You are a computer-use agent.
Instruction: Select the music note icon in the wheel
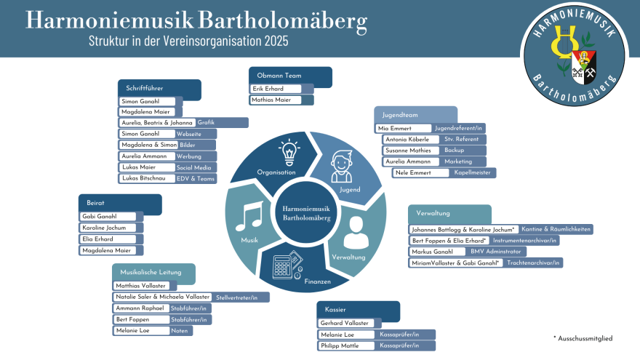249,216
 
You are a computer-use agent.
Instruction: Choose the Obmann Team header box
290,76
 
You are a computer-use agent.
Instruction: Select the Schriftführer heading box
159,88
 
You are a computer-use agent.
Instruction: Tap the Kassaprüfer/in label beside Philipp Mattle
399,345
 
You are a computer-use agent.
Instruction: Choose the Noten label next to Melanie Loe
180,330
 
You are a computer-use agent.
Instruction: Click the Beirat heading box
119,203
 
